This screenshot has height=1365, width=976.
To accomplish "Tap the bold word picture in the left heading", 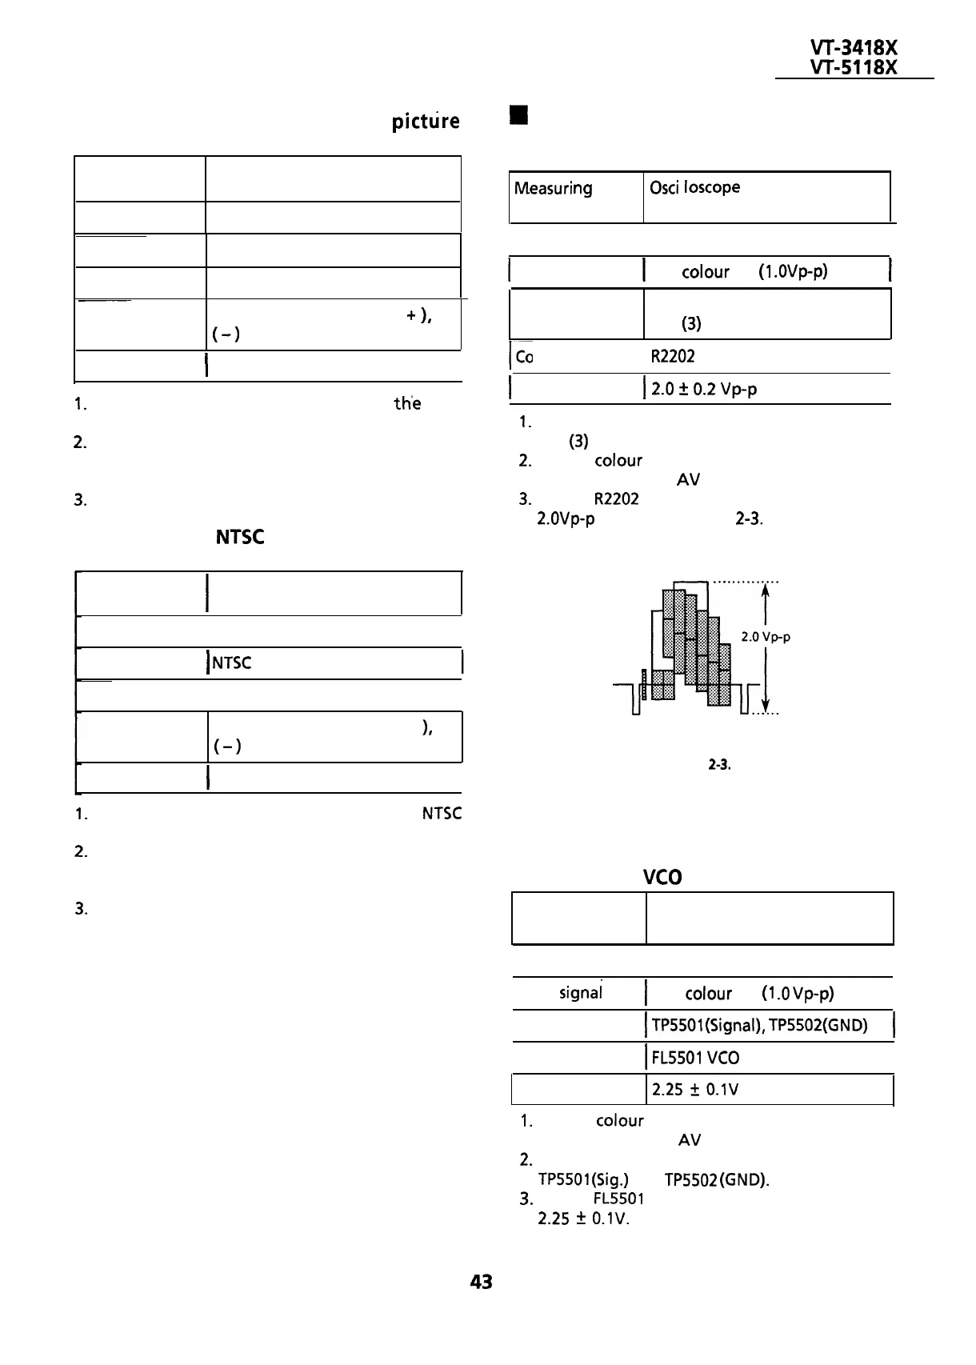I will (x=425, y=122).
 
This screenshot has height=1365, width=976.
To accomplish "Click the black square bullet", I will (x=520, y=116).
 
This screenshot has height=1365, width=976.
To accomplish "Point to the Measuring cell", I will (x=553, y=189).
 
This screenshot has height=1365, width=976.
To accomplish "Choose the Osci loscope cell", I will (x=694, y=187).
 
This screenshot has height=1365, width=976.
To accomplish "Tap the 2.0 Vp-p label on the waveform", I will (x=766, y=637).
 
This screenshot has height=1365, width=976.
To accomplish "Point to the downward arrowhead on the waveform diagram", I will (x=766, y=705).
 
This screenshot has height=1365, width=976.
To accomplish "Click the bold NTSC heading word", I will (x=240, y=537).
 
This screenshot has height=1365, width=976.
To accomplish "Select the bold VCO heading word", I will (x=662, y=878).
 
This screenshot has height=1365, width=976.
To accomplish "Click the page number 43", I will (x=481, y=1282).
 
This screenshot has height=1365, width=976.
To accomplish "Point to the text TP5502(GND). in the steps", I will (x=717, y=1180).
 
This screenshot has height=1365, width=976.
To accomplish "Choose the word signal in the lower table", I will (x=581, y=993).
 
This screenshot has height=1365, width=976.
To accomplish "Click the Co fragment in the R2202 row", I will (x=525, y=358).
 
